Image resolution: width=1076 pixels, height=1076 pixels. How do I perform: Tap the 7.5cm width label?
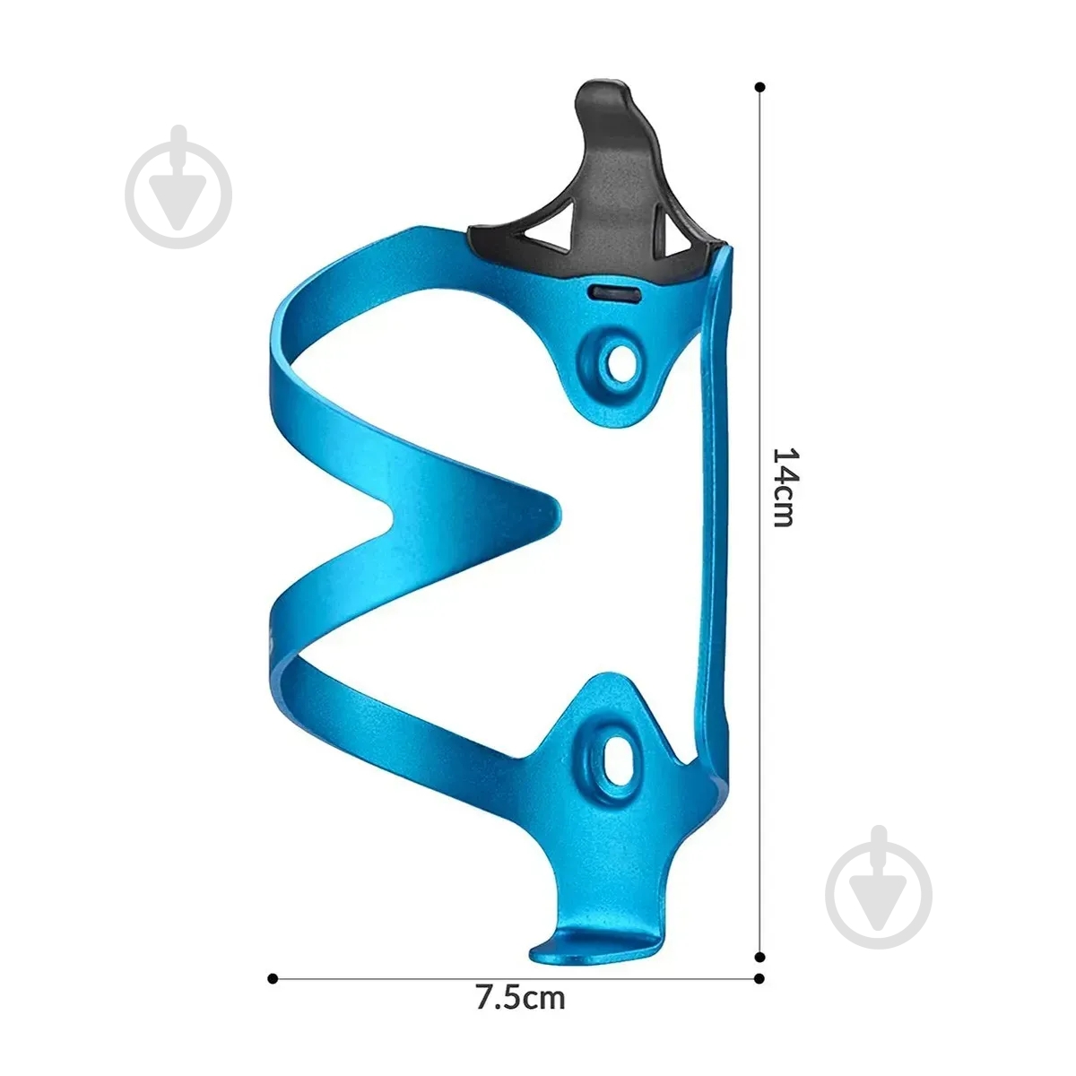[520, 997]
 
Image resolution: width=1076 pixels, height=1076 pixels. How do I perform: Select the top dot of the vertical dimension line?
[759, 87]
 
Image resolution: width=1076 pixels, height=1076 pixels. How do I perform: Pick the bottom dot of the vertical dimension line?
[759, 957]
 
